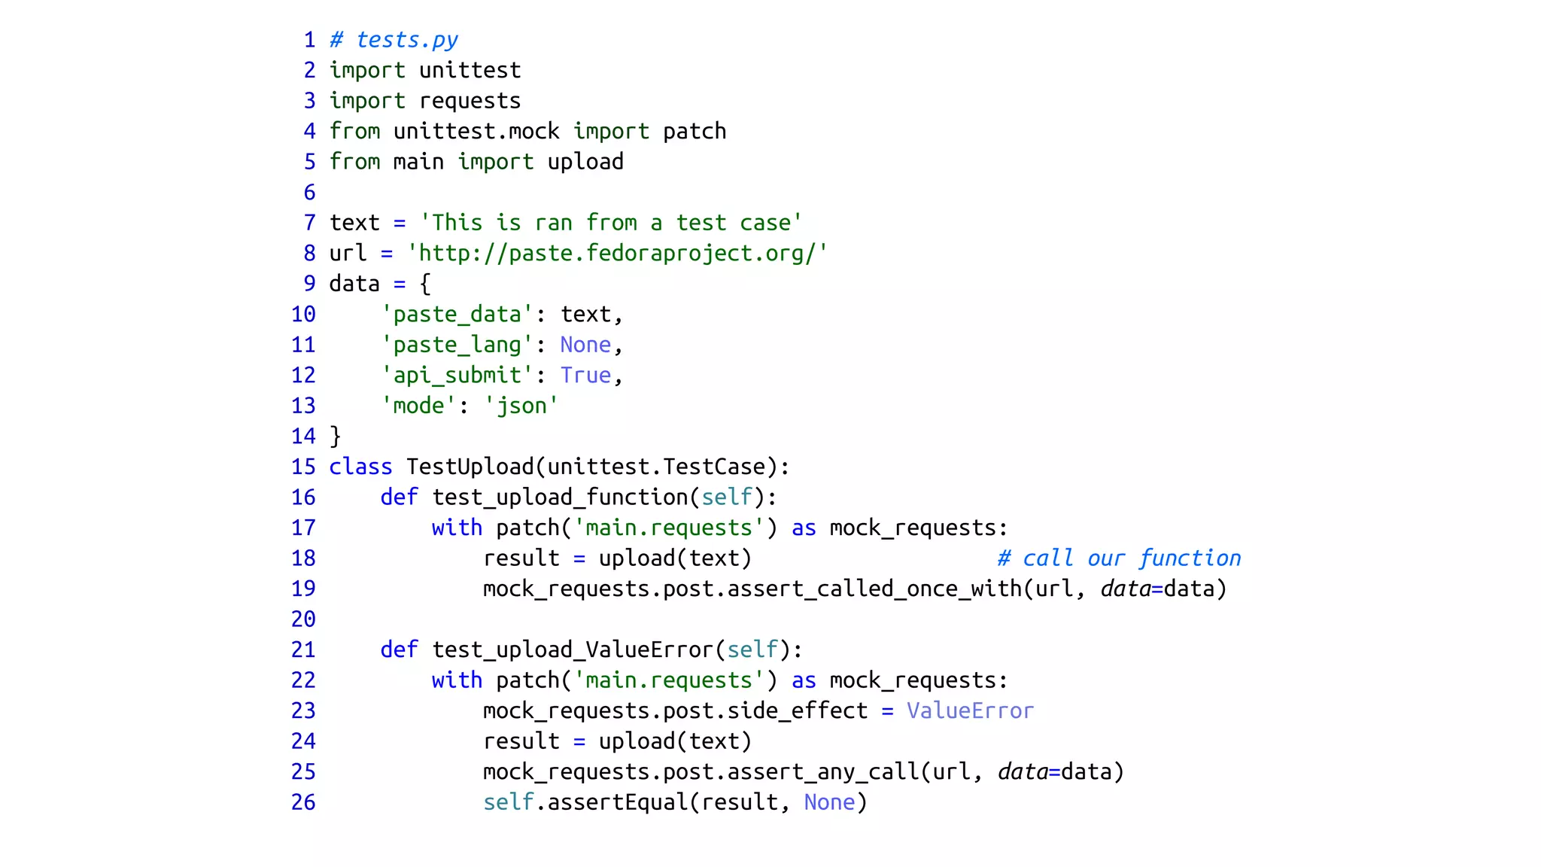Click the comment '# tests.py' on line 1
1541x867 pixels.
coord(394,40)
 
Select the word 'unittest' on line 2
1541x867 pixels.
coord(470,71)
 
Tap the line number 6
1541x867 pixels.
coord(309,193)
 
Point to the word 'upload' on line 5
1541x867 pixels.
coord(585,162)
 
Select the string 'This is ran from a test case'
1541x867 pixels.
coord(611,223)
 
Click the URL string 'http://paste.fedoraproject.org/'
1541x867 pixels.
coord(617,254)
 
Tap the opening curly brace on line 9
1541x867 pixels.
coord(425,284)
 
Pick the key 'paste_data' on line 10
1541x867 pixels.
coord(457,315)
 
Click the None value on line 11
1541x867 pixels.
coord(585,345)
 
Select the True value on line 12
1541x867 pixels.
coord(585,376)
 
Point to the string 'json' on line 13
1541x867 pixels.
coord(521,406)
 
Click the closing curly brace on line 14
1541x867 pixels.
coord(336,437)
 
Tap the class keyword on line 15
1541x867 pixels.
coord(360,467)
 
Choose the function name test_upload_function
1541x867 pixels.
coord(560,497)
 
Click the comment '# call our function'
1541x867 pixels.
coord(1119,558)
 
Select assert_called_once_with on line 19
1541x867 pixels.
coord(874,589)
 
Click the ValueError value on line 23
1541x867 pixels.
coord(970,710)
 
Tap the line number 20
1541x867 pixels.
coord(303,619)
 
